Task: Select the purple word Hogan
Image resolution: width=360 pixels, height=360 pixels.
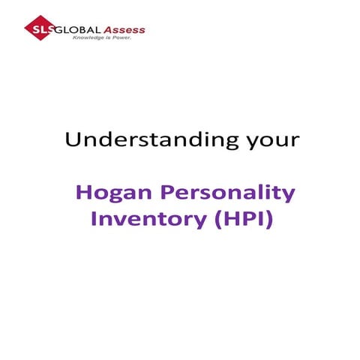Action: (x=105, y=193)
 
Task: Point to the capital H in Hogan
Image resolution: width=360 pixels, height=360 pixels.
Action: (x=83, y=193)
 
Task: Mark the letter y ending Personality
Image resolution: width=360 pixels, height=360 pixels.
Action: (x=289, y=196)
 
